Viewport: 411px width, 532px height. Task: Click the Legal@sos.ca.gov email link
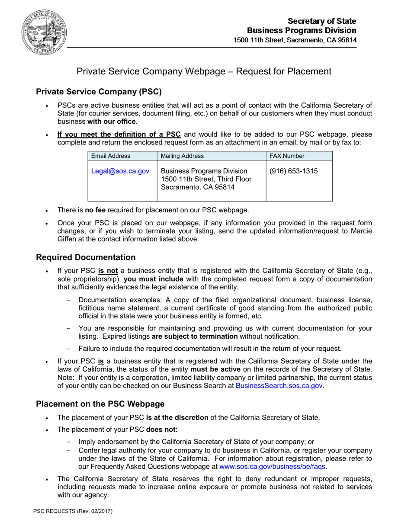click(120, 171)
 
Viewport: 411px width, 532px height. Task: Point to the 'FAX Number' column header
click(287, 156)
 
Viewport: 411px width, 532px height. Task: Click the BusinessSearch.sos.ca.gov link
click(279, 386)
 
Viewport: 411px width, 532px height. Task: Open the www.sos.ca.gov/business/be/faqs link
click(273, 467)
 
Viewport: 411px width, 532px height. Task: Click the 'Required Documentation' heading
click(86, 257)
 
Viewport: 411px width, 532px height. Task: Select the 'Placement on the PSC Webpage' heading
click(100, 404)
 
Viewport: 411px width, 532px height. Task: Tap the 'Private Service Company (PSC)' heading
click(99, 92)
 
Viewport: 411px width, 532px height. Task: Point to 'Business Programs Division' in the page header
click(302, 31)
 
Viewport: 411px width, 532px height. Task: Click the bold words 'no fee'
click(95, 210)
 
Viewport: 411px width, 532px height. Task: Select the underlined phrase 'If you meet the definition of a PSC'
click(119, 134)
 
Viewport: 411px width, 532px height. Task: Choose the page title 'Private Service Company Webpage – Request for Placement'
click(204, 71)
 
